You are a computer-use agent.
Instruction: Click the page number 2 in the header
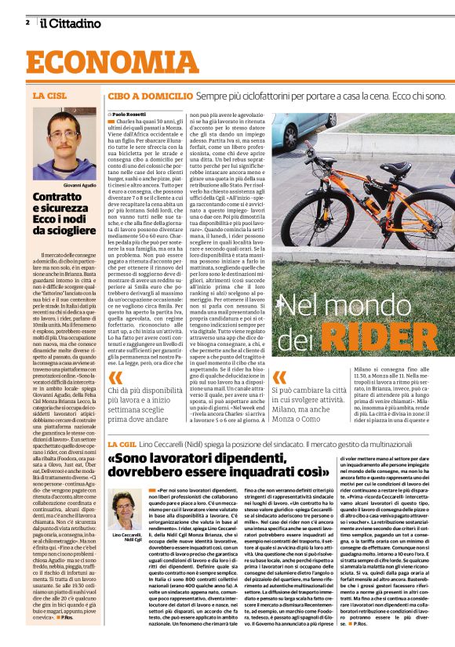[27, 22]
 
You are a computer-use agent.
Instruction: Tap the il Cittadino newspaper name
[71, 23]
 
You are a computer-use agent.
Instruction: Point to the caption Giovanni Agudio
[78, 185]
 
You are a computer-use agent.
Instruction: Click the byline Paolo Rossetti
[129, 114]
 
